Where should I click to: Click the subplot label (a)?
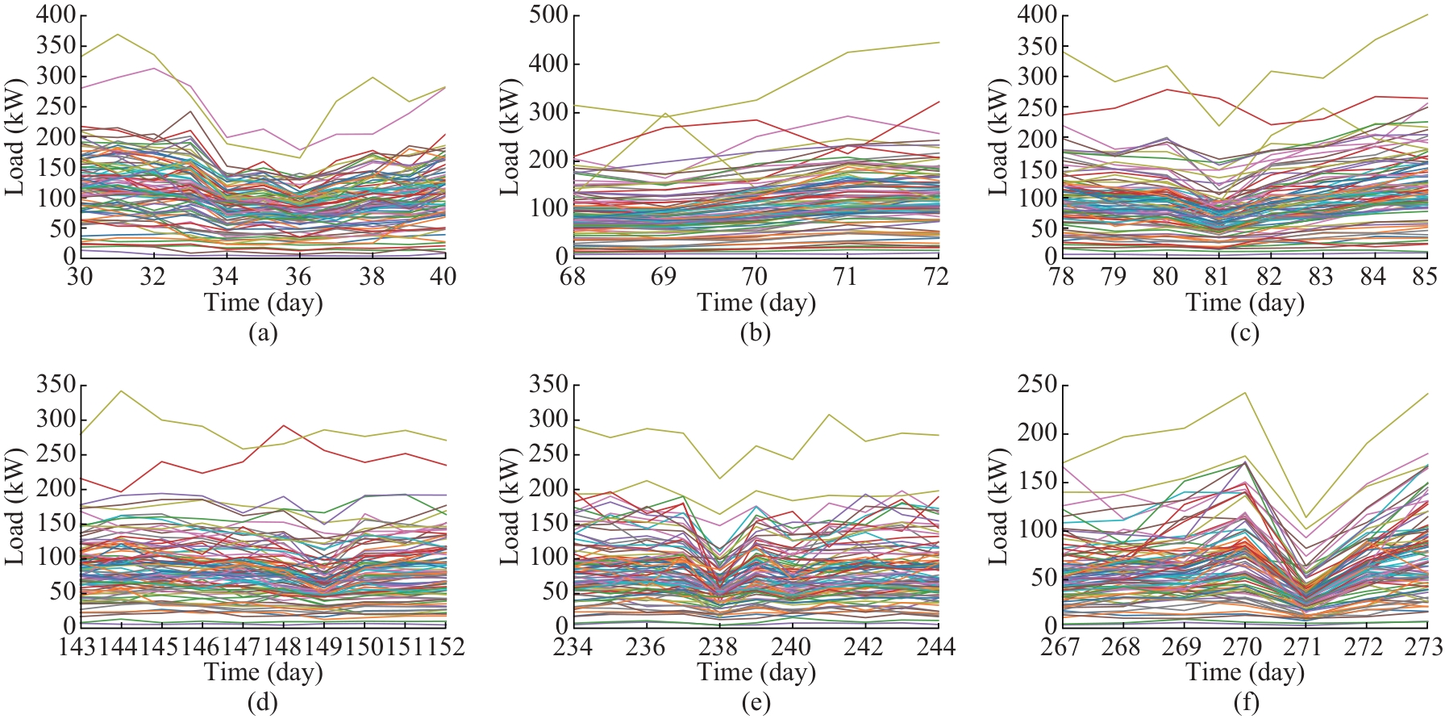pos(263,333)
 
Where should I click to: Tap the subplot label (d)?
pos(263,703)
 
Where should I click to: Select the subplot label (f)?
pos(1246,703)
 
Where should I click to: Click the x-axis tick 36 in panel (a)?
pos(298,277)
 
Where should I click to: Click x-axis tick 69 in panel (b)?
pos(664,277)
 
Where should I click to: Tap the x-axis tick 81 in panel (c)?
pos(1217,277)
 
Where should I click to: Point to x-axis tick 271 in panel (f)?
pos(1304,646)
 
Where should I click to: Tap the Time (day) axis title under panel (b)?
pos(756,303)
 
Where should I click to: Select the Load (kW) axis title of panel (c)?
pos(998,137)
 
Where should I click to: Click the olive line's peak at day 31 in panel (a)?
pos(118,34)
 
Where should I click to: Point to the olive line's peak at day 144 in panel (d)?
pos(121,391)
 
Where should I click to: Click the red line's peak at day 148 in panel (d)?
pos(284,425)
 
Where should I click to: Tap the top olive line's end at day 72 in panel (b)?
pos(939,42)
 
